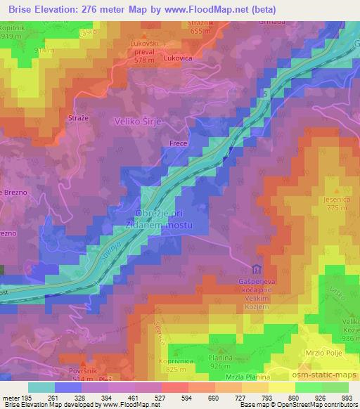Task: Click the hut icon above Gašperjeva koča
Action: (x=256, y=269)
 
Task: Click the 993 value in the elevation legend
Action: (x=347, y=397)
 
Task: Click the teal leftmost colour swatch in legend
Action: (x=41, y=387)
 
